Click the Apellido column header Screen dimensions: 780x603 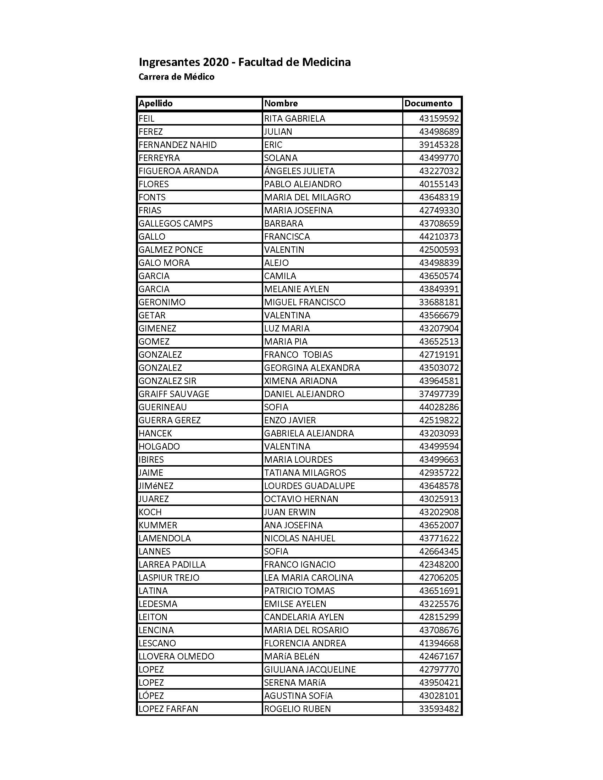[155, 104]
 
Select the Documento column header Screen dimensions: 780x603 [428, 104]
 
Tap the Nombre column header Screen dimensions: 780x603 [281, 104]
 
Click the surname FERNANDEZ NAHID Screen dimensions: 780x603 [178, 145]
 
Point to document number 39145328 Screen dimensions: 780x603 [439, 145]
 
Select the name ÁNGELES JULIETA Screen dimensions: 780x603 [299, 171]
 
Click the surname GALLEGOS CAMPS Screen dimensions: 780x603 [175, 224]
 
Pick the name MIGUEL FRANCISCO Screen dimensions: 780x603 [305, 302]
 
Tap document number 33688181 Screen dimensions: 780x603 [439, 302]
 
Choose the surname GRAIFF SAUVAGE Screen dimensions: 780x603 [173, 394]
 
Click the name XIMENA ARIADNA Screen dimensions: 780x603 [300, 381]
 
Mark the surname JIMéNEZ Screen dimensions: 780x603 [156, 486]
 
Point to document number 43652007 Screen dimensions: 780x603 [439, 525]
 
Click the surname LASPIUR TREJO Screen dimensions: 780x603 [168, 578]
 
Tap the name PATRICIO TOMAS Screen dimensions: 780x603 [299, 591]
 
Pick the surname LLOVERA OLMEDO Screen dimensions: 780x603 [176, 656]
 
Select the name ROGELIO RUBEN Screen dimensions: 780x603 [297, 709]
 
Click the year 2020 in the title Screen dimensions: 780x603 [216, 62]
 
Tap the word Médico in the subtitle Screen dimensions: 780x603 [199, 77]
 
